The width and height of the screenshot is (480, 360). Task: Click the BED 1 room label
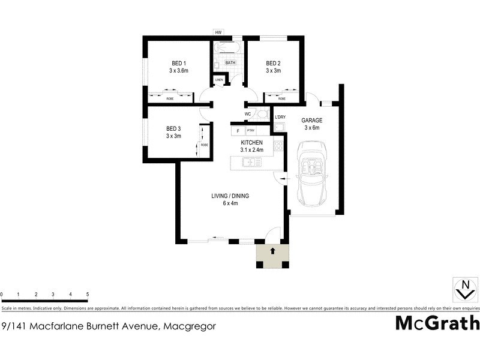point(179,64)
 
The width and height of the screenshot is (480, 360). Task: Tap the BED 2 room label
point(274,64)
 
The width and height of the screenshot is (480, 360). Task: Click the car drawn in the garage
point(311,172)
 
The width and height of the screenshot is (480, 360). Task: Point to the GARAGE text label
point(312,120)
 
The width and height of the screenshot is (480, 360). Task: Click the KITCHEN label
point(252,142)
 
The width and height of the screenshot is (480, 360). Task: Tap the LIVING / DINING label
point(230,196)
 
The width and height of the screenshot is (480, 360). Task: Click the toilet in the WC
point(262,114)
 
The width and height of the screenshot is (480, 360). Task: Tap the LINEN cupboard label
point(219,80)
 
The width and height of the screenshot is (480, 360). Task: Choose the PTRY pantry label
point(250,130)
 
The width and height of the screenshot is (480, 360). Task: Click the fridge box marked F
point(238,130)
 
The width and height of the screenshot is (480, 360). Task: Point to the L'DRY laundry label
point(280,117)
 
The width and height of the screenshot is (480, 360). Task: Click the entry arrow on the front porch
point(272,250)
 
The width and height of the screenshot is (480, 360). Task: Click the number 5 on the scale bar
point(88,295)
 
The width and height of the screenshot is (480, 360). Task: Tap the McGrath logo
point(437,323)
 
